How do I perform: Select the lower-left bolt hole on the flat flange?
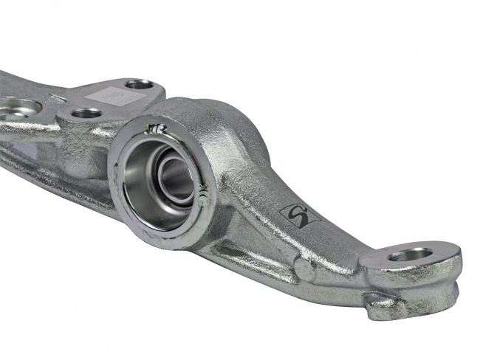click(x=86, y=114)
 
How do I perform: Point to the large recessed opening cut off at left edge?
click(x=16, y=108)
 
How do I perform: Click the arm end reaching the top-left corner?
click(x=7, y=77)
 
